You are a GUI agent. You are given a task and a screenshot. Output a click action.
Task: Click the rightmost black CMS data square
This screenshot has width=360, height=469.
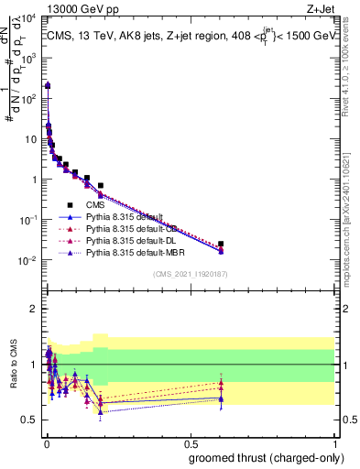click(221, 244)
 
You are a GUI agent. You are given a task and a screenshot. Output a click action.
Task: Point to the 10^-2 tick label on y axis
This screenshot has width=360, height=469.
click(28, 260)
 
